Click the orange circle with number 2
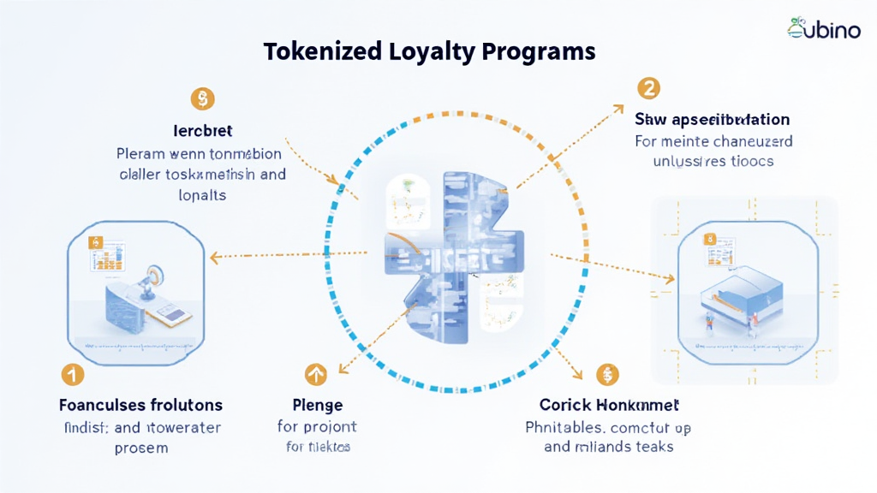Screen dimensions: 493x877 pos(648,87)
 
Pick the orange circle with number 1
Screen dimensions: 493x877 pos(73,374)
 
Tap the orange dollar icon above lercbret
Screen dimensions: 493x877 pos(203,98)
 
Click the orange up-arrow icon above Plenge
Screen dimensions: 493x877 pos(316,373)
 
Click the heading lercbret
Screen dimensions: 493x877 pos(202,131)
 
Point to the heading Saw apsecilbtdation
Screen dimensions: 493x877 pos(712,119)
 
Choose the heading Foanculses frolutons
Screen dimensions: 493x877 pos(140,404)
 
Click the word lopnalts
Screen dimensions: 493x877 pos(202,194)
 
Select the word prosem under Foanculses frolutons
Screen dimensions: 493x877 pos(140,447)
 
